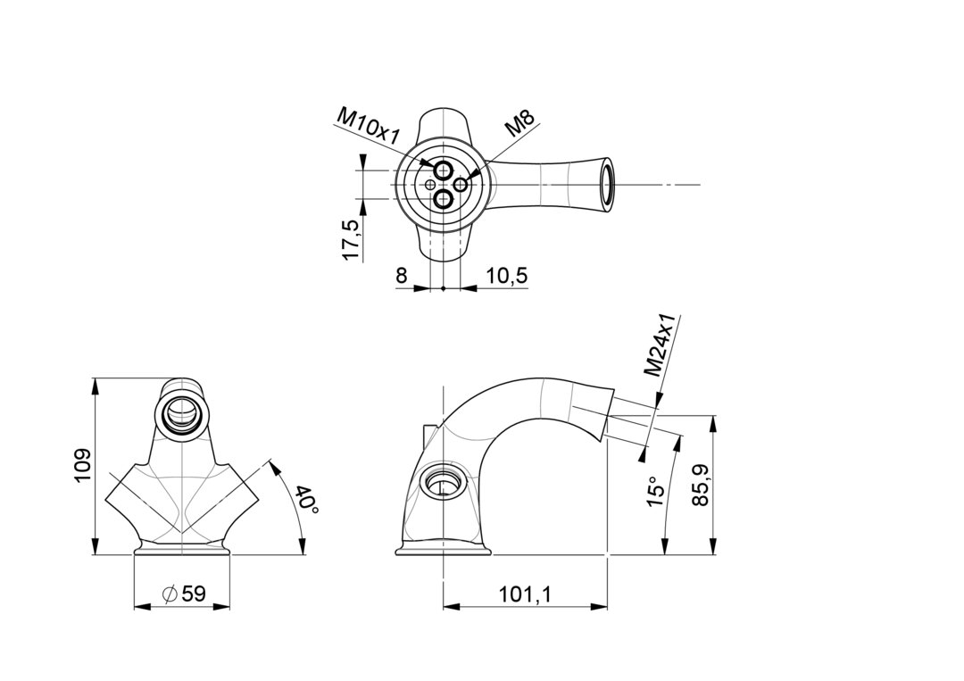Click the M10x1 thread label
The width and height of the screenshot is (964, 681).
click(369, 125)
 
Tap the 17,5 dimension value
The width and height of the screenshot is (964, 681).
click(352, 239)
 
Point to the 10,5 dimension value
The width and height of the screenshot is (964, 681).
click(507, 275)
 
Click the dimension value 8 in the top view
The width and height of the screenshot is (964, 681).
click(401, 275)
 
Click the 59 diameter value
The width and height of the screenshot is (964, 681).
click(193, 594)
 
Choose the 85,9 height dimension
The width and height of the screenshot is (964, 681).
click(701, 485)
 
